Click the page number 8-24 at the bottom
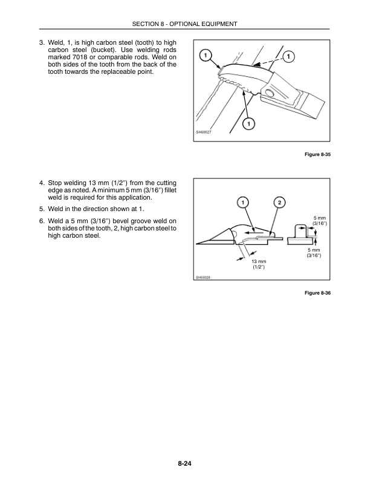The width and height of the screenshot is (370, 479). tap(184, 464)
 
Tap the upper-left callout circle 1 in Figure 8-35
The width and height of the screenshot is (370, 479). tap(206, 56)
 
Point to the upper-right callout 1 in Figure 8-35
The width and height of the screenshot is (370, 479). tap(289, 57)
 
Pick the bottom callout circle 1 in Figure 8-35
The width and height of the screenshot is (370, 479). tap(248, 125)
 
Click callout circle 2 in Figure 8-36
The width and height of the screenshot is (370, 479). tap(280, 202)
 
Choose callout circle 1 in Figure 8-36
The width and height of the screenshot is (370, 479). tap(241, 202)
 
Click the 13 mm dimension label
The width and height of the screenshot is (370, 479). tap(259, 261)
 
